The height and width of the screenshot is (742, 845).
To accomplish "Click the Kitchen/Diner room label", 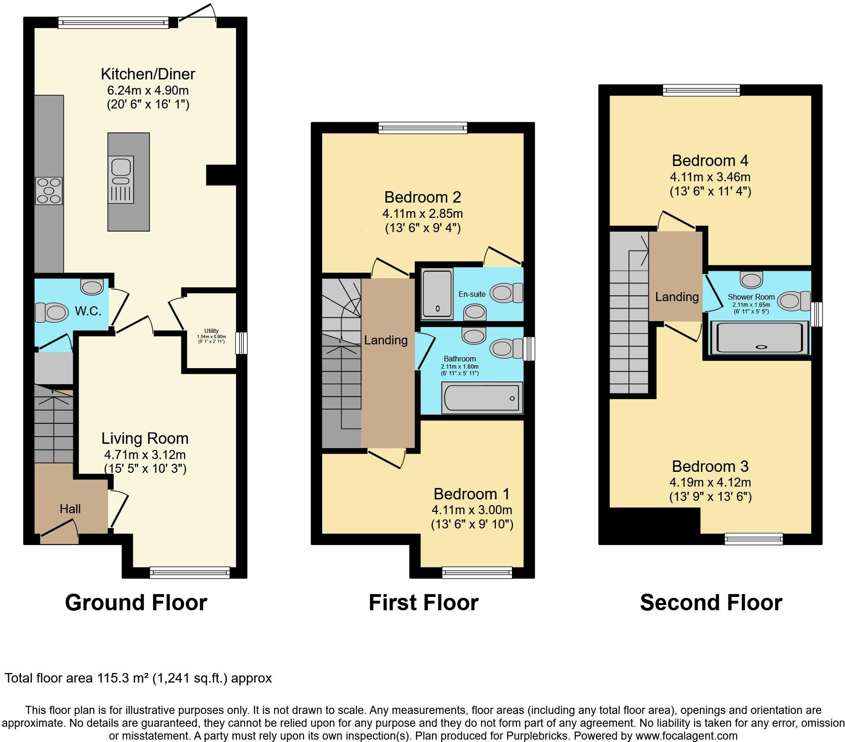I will [148, 74].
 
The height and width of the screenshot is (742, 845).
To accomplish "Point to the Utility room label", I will [211, 331].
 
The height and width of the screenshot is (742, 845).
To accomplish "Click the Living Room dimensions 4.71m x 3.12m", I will [145, 454].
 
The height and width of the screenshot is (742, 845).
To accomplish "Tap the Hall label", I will [70, 509].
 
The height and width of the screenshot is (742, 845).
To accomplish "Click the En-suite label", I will [472, 294].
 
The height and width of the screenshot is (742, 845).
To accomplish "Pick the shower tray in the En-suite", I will [437, 294].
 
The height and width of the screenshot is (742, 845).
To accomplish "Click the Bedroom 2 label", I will [422, 197].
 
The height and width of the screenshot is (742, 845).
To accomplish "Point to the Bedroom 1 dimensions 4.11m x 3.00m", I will [472, 510].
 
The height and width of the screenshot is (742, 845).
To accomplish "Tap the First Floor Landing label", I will [385, 340].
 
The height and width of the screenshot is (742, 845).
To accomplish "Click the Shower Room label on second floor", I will [751, 297].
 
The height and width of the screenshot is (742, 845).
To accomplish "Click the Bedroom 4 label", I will [710, 161].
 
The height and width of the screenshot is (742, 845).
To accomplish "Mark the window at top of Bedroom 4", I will [701, 90].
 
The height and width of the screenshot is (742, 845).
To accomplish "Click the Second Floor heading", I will [711, 603].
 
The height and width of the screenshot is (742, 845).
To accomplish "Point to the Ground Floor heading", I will [136, 603].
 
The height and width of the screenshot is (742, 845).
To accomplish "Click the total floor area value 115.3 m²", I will [123, 678].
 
